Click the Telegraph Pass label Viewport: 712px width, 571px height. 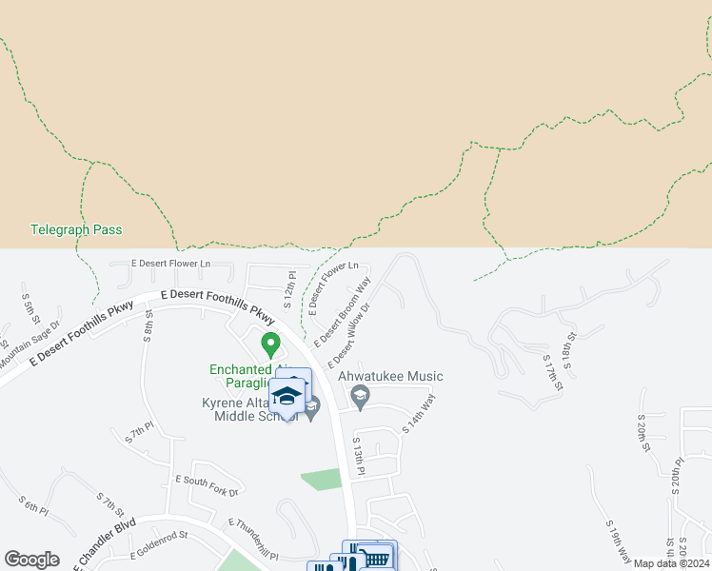tap(76, 229)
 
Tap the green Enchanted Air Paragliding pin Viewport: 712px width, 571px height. tap(270, 343)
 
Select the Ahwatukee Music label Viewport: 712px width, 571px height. tap(399, 376)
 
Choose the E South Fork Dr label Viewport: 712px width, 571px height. tap(207, 485)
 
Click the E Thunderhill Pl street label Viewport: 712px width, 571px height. tap(252, 538)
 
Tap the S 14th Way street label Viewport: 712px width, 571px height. tap(419, 416)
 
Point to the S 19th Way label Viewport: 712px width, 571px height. tap(618, 540)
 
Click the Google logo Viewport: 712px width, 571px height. tap(31, 560)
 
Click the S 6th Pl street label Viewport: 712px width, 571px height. tap(33, 504)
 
